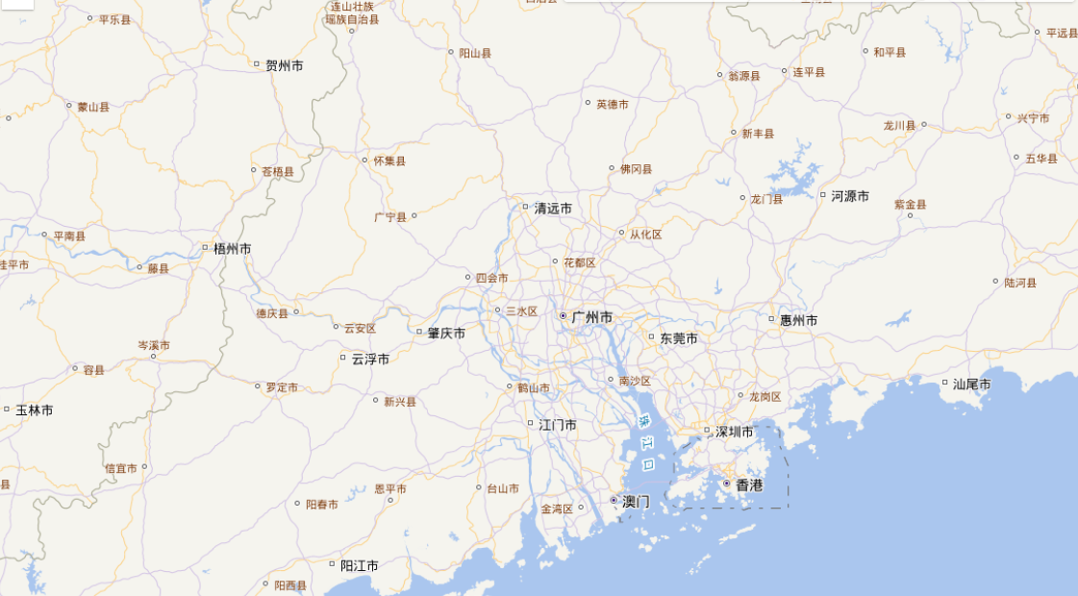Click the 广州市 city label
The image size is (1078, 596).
point(591,316)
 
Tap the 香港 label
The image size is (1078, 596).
point(749,484)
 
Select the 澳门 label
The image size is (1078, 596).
point(636,501)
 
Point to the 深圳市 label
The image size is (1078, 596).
point(735,432)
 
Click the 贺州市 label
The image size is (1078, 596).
point(285,65)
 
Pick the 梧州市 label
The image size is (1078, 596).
point(233,248)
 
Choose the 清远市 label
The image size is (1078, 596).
point(553,208)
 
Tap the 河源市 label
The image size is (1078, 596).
point(850,195)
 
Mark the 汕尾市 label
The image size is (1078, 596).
point(972,384)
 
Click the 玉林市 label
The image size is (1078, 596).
point(34,410)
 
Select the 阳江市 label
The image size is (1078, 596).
point(360,565)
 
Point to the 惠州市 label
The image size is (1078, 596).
point(799,319)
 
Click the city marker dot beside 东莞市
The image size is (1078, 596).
point(652,337)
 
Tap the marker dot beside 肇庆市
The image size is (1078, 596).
point(419,333)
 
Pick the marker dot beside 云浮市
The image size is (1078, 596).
point(343,358)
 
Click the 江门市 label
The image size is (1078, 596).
point(558,424)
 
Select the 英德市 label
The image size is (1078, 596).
point(613,104)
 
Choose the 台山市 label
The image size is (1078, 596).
point(503,488)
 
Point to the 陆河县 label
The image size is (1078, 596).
point(1021,283)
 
